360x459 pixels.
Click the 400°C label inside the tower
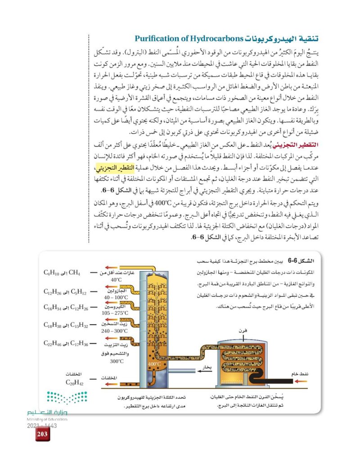[154, 364]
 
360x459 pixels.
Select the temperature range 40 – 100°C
[116, 297]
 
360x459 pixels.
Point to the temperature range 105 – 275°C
[116, 313]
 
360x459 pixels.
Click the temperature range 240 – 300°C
[116, 330]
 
